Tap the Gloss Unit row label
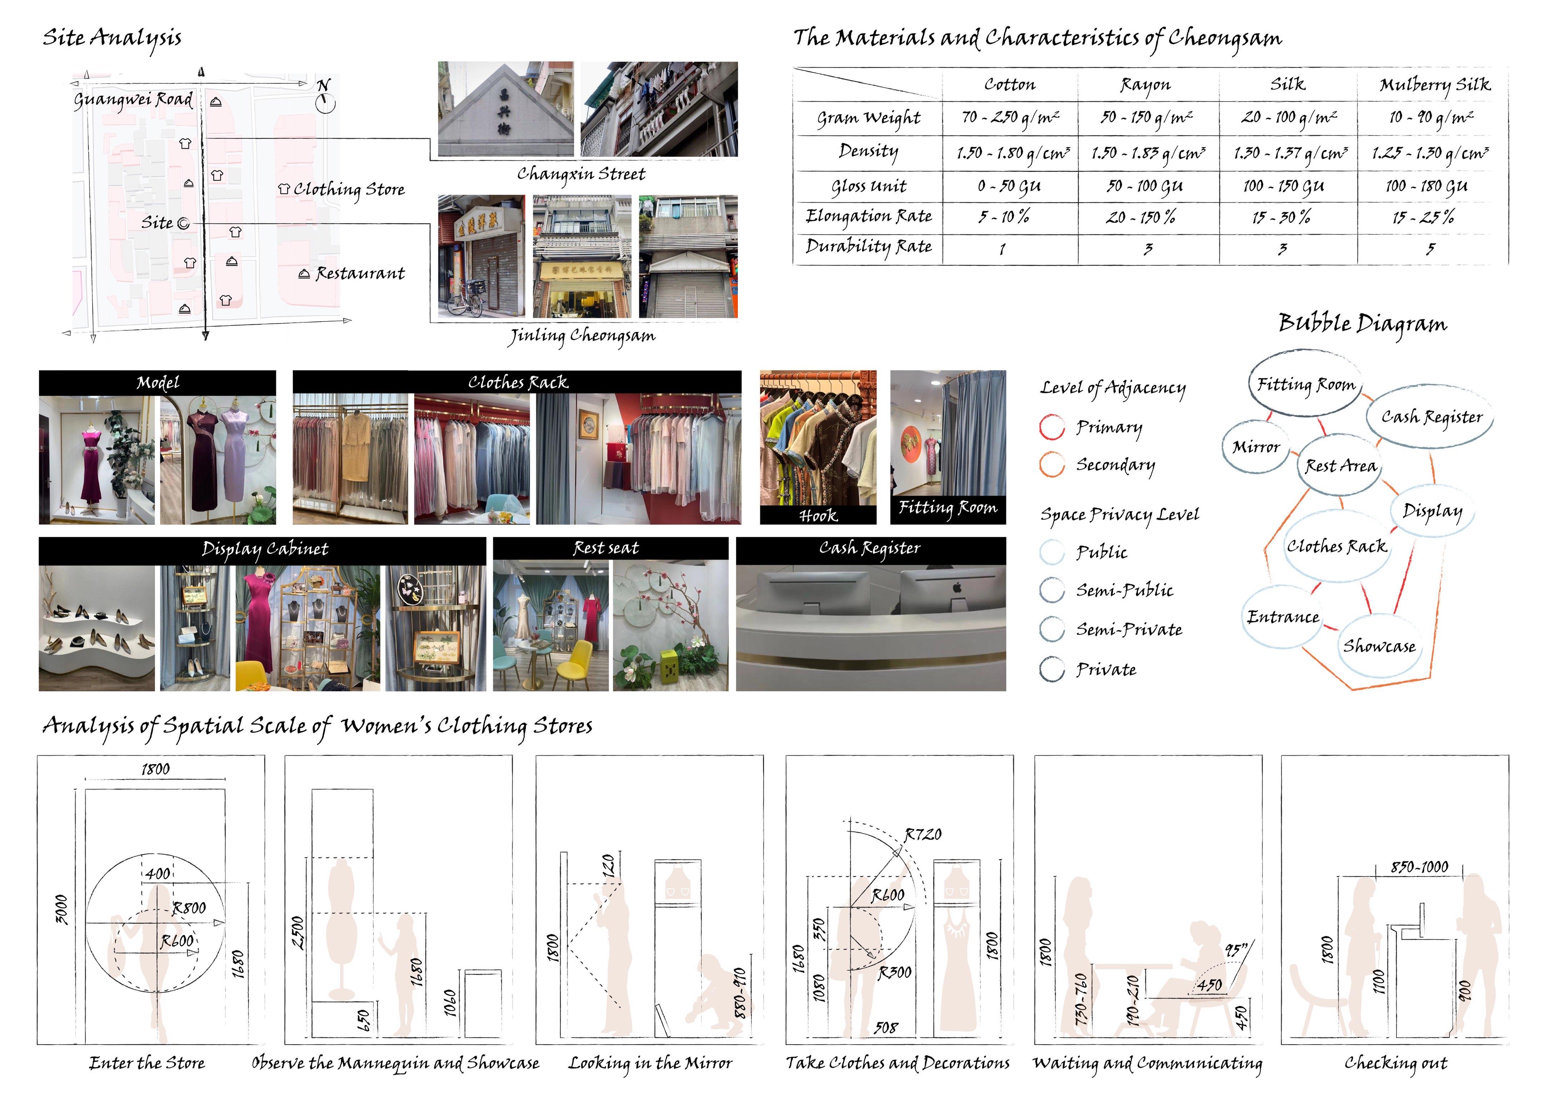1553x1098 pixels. pyautogui.click(x=868, y=186)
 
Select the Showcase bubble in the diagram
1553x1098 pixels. pyautogui.click(x=1379, y=646)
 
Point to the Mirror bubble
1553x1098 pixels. pyautogui.click(x=1256, y=447)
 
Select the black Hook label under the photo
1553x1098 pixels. pyautogui.click(x=818, y=516)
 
